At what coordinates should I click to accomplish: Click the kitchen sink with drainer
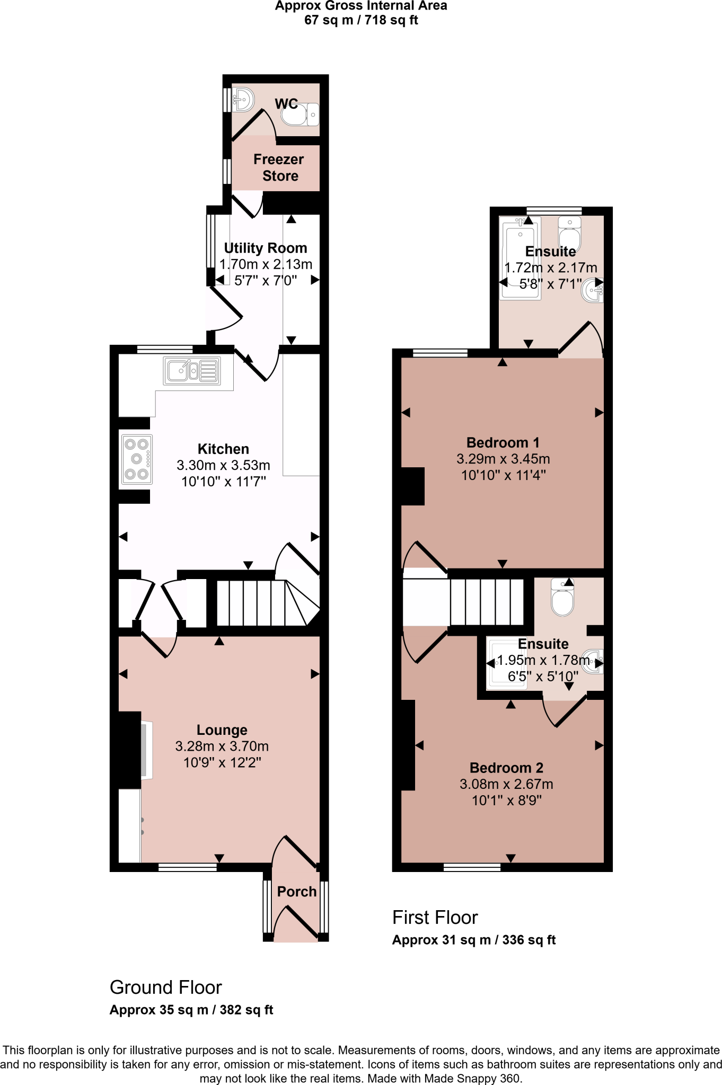point(192,370)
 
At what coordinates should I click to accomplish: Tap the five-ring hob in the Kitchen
point(137,459)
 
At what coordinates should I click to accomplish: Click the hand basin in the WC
point(243,99)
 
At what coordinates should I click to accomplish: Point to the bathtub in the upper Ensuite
point(521,258)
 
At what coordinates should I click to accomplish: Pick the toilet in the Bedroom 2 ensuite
point(562,599)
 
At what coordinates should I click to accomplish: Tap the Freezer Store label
point(279,167)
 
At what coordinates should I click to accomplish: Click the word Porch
point(297,892)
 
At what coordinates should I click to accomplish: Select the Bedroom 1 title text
point(503,442)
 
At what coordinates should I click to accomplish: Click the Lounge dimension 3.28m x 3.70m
point(222,746)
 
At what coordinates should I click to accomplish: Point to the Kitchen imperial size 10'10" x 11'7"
point(223,482)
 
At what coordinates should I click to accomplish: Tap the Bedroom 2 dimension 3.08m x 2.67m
point(506,784)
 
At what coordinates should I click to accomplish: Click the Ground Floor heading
point(165,988)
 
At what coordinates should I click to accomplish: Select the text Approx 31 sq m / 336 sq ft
point(473,940)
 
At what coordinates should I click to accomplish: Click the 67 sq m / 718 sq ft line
point(361,20)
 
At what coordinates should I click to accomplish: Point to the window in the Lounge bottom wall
point(187,867)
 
